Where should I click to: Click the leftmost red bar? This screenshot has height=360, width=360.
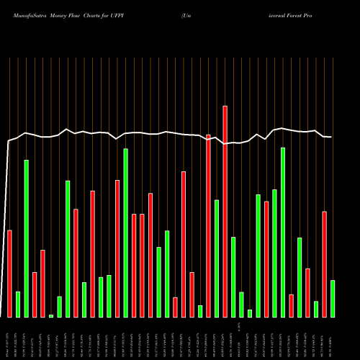tap(9, 274)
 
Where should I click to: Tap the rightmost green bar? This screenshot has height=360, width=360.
tap(333, 298)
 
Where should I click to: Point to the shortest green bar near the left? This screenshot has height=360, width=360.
tap(51, 315)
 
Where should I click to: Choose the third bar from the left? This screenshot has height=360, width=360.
tap(26, 238)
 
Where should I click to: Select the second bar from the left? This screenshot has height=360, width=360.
tap(18, 304)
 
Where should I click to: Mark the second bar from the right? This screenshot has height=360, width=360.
tap(325, 264)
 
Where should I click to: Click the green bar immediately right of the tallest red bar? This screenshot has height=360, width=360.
tap(233, 276)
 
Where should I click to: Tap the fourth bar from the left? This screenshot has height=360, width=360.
tap(35, 294)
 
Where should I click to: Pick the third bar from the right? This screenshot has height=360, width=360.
tap(316, 309)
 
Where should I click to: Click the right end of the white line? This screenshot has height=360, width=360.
tap(332, 137)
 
